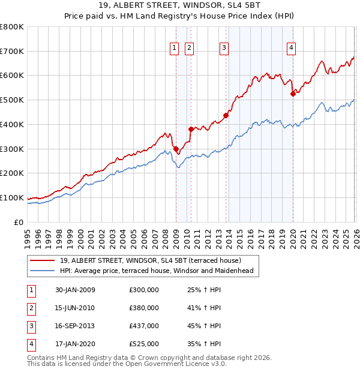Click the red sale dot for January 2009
point(176,149)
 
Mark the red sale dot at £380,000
point(191,129)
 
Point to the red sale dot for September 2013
point(226,115)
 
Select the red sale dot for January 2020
point(293,94)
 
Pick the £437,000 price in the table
point(144,326)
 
